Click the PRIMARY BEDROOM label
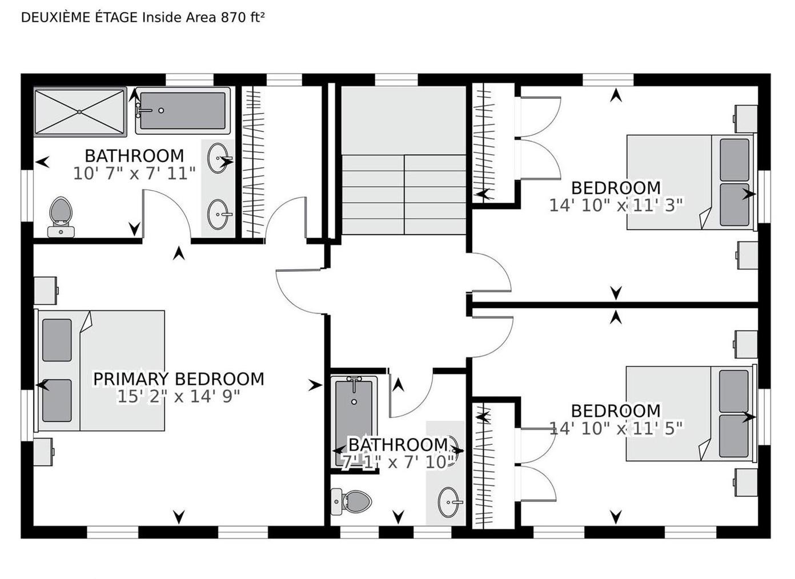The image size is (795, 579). tap(179, 379)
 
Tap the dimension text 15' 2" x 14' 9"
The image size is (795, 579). tap(179, 397)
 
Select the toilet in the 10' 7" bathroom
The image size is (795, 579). tap(62, 217)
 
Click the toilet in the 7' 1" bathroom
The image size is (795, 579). tap(351, 502)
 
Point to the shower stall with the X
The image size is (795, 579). tap(80, 111)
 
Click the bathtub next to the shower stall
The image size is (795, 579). tap(183, 111)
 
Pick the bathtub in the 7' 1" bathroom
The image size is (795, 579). tap(354, 424)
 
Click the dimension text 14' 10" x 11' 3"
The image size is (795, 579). tap(616, 205)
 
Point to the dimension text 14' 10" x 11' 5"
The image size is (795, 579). tap(616, 428)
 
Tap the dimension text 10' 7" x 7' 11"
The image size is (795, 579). tap(134, 174)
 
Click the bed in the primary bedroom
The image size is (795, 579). tap(100, 371)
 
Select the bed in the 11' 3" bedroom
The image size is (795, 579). tap(692, 182)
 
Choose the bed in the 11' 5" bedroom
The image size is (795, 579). tap(692, 413)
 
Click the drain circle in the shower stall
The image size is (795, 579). tap(79, 112)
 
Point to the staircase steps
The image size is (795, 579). tap(404, 194)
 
